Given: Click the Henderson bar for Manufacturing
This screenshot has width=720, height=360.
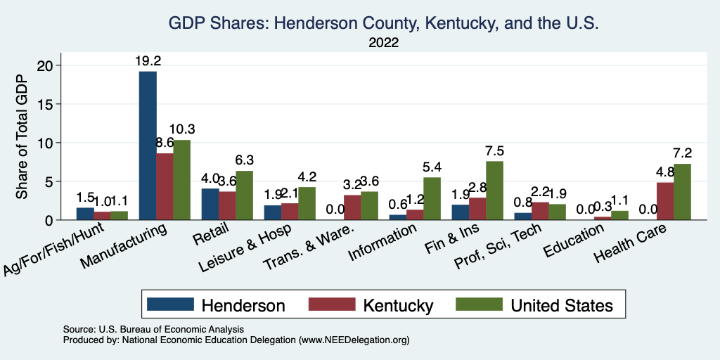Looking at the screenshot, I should tap(148, 146).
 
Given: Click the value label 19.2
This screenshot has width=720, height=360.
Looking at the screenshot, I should tap(148, 60).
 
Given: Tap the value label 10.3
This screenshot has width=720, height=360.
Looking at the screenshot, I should tap(182, 129).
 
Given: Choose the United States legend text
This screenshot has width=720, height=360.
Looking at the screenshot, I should tap(562, 305).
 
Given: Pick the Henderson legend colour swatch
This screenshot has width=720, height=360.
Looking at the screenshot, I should tap(170, 304).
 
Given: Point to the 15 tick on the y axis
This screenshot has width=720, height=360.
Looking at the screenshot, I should tap(49, 104).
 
